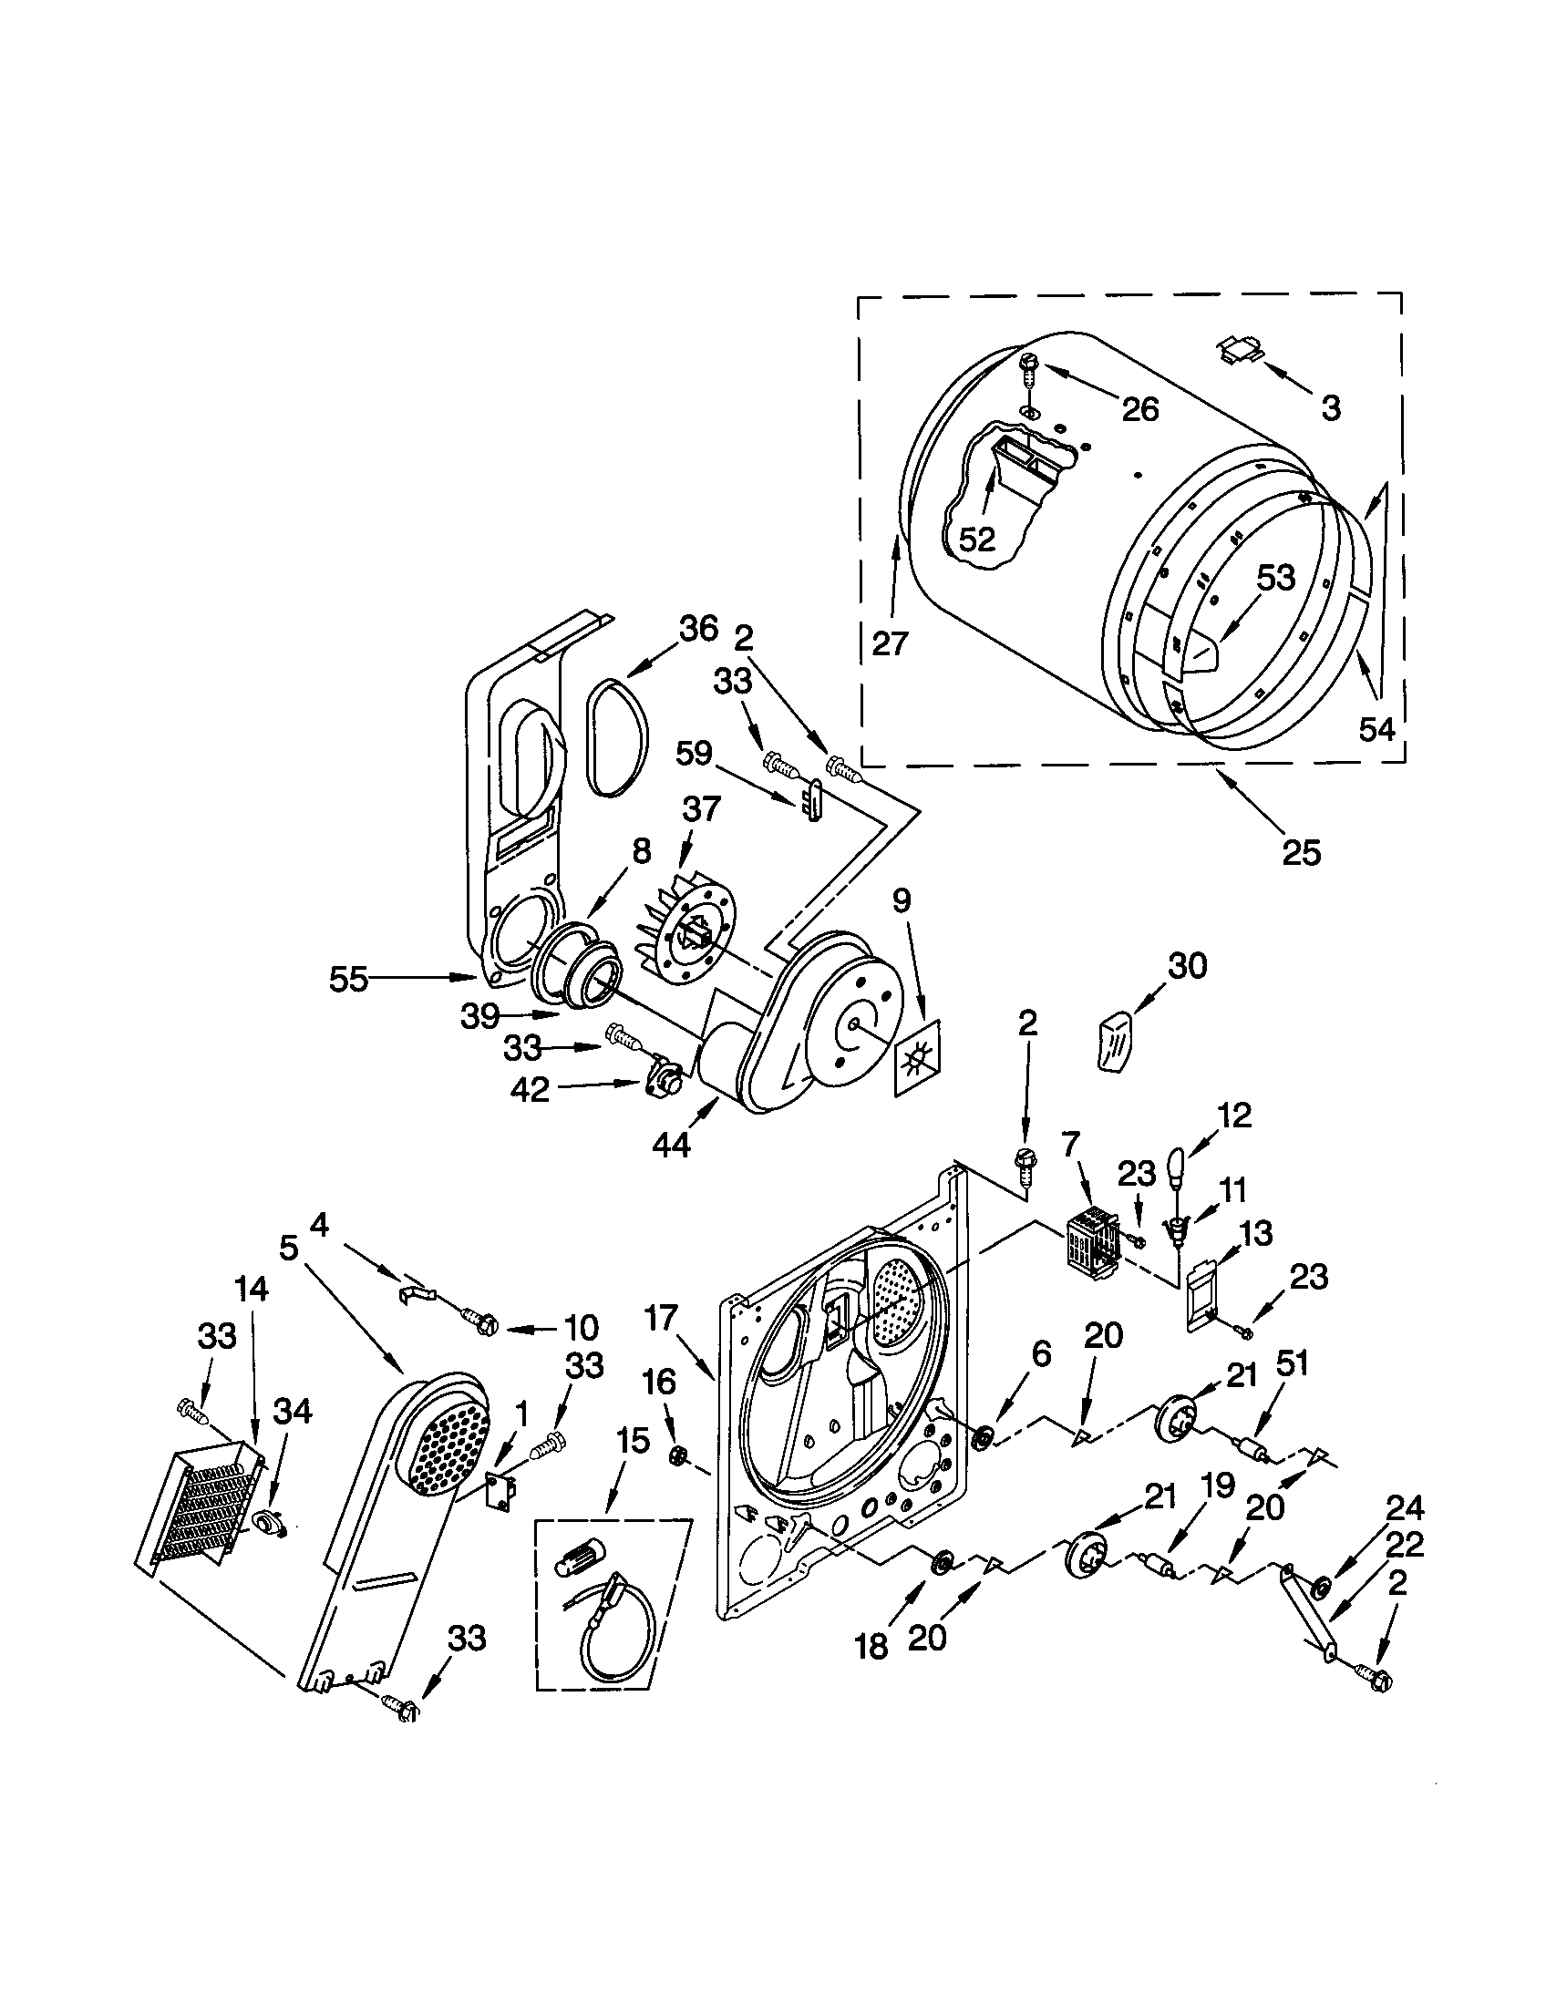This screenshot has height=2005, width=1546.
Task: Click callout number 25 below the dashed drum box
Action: [1301, 853]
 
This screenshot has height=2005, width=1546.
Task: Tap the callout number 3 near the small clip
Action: [1330, 407]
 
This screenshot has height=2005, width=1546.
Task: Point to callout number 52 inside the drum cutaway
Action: [977, 540]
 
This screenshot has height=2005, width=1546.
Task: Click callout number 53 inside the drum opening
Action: [1275, 578]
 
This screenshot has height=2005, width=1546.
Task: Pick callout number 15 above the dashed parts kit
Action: [633, 1416]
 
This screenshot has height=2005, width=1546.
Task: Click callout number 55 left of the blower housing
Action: [348, 981]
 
